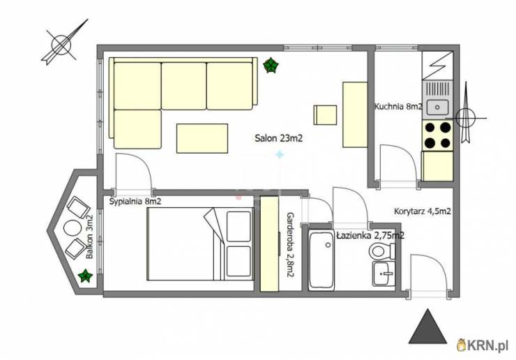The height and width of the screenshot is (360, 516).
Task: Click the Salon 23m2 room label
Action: point(278,138)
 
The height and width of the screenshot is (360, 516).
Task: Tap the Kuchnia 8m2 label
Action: point(398,106)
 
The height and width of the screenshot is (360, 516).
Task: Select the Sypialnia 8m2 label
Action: point(135,201)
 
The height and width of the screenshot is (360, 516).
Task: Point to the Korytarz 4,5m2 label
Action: point(423,211)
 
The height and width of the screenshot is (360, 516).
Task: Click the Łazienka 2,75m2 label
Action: point(370,235)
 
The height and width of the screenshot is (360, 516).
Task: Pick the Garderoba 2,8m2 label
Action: point(290,244)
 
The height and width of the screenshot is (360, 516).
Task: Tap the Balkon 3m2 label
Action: point(89,237)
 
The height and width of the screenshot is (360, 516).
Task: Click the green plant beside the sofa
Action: point(271,65)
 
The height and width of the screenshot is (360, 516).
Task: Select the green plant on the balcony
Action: point(86,276)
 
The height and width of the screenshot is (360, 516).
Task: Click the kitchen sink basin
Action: point(437,107)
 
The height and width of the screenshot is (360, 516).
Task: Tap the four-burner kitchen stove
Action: point(437,135)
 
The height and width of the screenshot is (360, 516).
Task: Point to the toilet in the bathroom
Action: point(382,251)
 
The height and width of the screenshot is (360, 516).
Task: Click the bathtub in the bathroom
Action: point(321,261)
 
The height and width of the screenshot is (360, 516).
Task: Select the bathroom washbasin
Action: point(384,273)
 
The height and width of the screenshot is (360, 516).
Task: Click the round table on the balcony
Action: point(73,228)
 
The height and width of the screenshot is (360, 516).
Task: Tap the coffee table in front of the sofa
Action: point(202,138)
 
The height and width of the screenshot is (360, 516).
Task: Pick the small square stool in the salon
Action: point(325,115)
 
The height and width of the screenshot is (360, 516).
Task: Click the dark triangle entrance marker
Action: point(427,327)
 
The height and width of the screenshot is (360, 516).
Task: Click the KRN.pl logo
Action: point(482,345)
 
